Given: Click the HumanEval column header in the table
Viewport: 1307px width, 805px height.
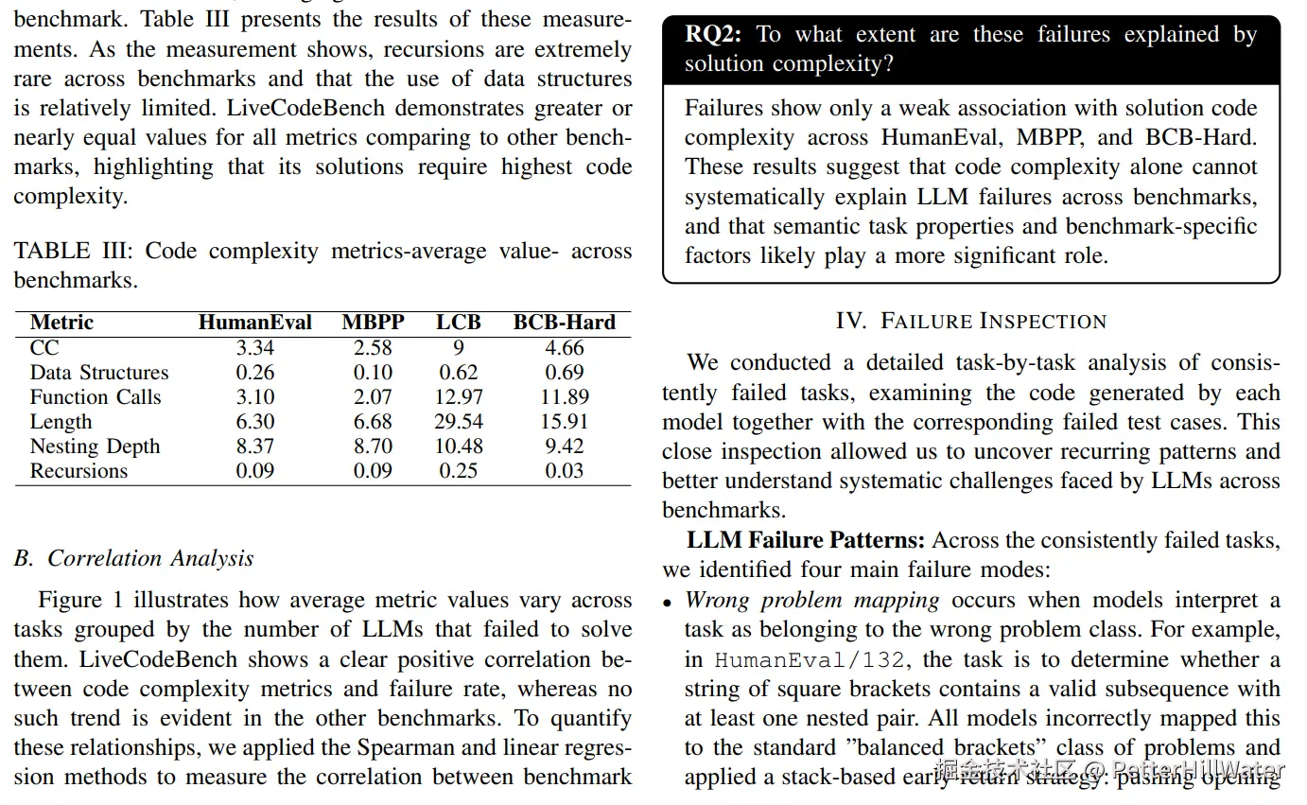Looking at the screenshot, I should click(x=254, y=323).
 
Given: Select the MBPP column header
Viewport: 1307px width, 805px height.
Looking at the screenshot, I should click(x=373, y=323).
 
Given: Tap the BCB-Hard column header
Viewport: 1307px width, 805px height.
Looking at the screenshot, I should click(x=564, y=323).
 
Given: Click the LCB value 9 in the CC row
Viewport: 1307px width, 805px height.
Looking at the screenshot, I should click(x=459, y=348).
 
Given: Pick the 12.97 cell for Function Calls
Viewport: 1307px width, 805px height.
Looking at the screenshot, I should click(x=459, y=397).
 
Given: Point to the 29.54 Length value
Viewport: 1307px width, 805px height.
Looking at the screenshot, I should click(x=459, y=422).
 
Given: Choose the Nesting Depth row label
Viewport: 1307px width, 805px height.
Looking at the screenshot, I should click(x=95, y=446).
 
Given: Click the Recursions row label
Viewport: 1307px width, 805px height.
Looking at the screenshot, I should click(x=78, y=471).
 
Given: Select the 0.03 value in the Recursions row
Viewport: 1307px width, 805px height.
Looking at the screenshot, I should click(x=564, y=471).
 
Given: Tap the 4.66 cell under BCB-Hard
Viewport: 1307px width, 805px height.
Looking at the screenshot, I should click(x=564, y=348).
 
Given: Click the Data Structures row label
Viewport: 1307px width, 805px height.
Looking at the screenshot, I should click(x=99, y=373).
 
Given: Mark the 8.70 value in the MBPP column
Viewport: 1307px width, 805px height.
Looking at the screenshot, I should click(x=373, y=446).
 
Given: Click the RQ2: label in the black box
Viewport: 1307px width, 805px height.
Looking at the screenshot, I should click(x=714, y=35).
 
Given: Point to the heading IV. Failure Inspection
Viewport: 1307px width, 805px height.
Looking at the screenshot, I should click(x=971, y=321).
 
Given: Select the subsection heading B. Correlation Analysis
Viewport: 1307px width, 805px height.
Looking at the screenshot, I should click(x=134, y=558).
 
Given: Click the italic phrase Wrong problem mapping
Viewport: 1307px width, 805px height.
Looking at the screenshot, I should click(x=811, y=600).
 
